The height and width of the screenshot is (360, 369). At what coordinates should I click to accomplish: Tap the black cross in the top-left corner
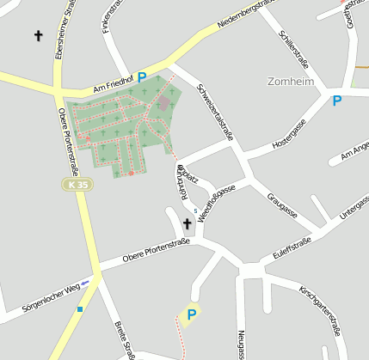click(38, 35)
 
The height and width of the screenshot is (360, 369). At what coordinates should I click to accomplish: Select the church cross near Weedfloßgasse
click(187, 225)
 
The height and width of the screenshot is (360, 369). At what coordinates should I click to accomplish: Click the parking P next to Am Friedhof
click(142, 77)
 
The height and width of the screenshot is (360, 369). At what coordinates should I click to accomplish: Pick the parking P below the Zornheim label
click(337, 101)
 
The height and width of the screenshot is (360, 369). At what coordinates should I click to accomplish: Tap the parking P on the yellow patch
click(191, 314)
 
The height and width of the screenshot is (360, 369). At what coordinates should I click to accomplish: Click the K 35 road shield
click(77, 185)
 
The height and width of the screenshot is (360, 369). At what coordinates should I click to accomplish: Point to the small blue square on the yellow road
click(80, 308)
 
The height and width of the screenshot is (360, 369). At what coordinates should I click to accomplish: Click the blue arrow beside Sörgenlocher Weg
click(85, 281)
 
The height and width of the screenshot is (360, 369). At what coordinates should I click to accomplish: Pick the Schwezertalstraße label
click(215, 111)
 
